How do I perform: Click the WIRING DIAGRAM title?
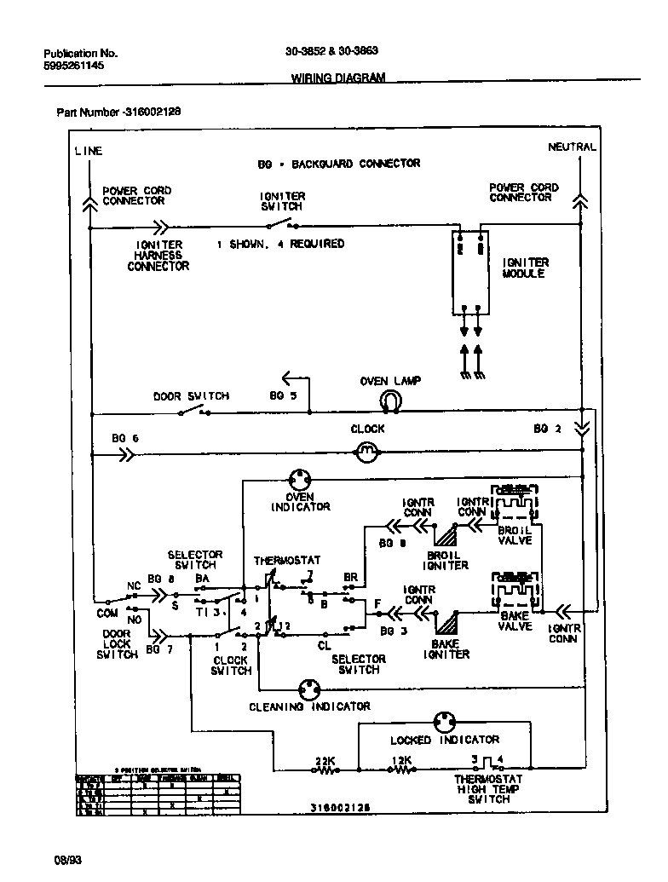(x=338, y=78)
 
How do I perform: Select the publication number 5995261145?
(x=74, y=65)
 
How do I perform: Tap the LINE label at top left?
(x=89, y=151)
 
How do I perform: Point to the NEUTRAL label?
(x=572, y=147)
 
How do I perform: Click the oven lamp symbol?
(x=390, y=400)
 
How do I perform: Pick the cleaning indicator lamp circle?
(x=309, y=689)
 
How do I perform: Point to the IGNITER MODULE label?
(x=526, y=268)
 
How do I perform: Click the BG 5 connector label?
(x=284, y=396)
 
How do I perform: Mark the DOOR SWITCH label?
(x=191, y=396)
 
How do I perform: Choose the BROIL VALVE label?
(x=515, y=535)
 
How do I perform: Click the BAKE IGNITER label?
(x=446, y=649)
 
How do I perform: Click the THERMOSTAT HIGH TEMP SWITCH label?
(x=488, y=789)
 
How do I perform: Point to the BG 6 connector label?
(x=124, y=438)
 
